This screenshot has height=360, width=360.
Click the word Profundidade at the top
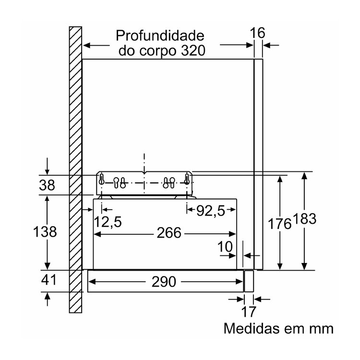pos(160,36)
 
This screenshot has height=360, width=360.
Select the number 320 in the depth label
pos(193,50)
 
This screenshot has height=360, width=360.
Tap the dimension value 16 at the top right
pos(257,33)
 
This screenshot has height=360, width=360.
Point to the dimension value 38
pos(47,185)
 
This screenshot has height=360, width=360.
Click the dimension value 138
pos(45,231)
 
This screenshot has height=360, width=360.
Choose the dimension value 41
pos(48,280)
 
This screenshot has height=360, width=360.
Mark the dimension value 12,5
pos(108,222)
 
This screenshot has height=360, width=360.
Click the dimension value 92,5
pos(211,211)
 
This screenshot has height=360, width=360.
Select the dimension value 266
pos(169,233)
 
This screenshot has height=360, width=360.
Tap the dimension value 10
pos(225,247)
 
